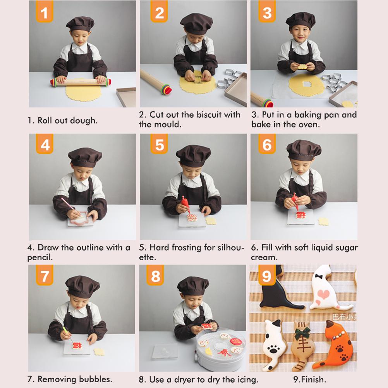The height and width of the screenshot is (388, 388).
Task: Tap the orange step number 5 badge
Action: pos(159,144)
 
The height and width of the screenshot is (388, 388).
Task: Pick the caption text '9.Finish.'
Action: pos(309,379)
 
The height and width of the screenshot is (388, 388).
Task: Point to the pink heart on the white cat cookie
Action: pos(323,294)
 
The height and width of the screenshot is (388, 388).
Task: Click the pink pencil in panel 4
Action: pos(71,207)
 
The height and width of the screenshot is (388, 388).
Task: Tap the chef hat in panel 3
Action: pos(300,20)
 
